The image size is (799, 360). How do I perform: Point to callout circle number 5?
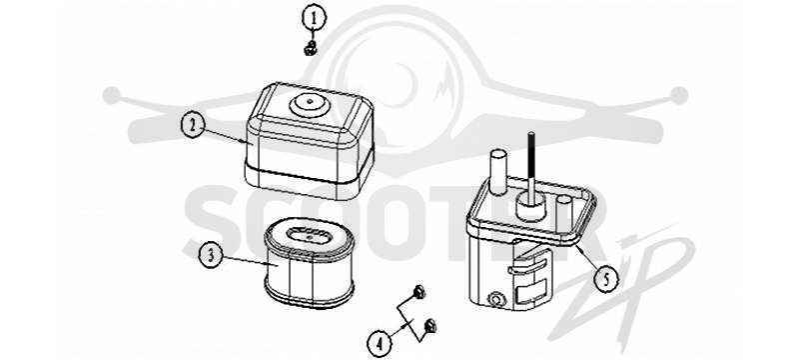[605, 279]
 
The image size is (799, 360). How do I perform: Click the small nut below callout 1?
[310, 49]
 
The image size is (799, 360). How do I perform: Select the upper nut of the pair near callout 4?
[418, 292]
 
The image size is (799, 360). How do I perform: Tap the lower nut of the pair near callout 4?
[430, 324]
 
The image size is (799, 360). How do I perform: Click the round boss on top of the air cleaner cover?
[310, 104]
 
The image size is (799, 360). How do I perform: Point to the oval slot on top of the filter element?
[309, 236]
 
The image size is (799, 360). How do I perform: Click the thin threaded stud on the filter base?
[531, 162]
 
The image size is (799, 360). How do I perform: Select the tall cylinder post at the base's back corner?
[498, 172]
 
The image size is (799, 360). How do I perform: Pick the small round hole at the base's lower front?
[495, 299]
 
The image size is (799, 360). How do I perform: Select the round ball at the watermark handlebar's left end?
[112, 95]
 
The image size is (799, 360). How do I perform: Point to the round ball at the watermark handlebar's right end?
[678, 95]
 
